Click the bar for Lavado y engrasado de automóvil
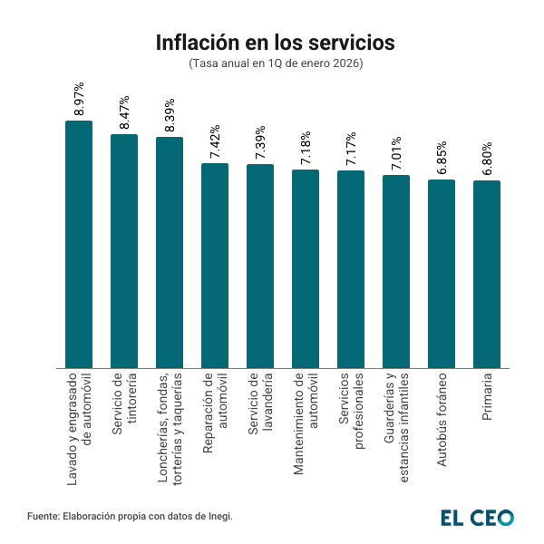[x=79, y=245]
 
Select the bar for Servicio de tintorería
[x=124, y=251]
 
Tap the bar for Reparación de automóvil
[x=215, y=266]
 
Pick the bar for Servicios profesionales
[x=351, y=269]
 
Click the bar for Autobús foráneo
[x=442, y=274]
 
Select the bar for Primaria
[x=487, y=275]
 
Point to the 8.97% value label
[x=79, y=99]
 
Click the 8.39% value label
[x=170, y=115]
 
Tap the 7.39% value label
[x=260, y=142]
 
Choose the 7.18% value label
[x=306, y=148]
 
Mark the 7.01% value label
[x=396, y=153]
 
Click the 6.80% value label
[x=487, y=159]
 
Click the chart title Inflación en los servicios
[x=275, y=43]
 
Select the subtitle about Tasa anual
[x=275, y=64]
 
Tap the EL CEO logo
[x=477, y=517]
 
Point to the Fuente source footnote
[x=131, y=516]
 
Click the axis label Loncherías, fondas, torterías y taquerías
[x=170, y=426]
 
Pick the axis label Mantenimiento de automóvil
[x=306, y=423]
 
